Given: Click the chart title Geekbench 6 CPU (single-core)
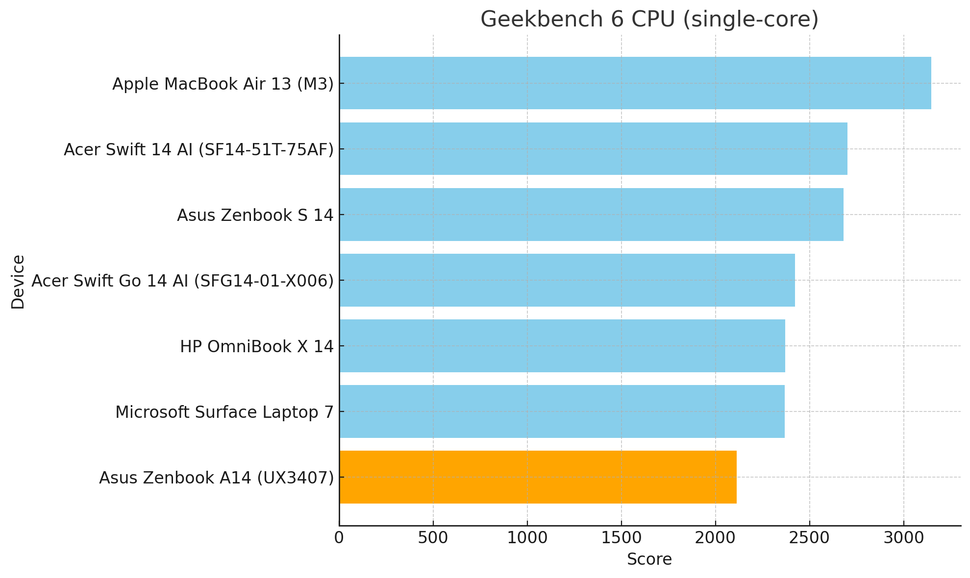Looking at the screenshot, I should coord(649,20).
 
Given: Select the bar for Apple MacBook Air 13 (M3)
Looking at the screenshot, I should coord(635,83).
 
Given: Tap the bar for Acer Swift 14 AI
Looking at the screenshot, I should coord(593,149).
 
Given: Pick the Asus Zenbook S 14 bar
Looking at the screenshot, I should coord(591,215).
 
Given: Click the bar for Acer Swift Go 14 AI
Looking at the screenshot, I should coord(567,280).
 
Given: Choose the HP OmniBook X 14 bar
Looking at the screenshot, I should coord(562,346).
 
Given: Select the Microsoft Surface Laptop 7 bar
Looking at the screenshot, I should coord(562,411).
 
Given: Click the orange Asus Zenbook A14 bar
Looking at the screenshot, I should coord(538,477).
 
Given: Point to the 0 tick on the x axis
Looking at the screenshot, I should coord(339,538).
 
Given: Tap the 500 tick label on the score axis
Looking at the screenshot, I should coord(433,538).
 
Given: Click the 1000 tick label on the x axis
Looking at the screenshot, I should coord(527,538).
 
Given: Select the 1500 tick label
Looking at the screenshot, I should coord(622,538).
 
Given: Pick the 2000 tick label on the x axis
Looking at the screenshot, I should coord(716,538).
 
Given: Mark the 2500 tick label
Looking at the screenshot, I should coord(810,538).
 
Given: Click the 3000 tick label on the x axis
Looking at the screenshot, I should coord(904,538).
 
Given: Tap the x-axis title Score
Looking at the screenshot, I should coord(649,559).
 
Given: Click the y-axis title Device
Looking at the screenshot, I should coord(18,282).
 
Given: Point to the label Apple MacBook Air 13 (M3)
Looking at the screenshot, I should coord(223,84).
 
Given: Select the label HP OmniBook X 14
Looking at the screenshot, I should coord(257,346).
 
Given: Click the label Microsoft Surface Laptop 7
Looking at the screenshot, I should coord(224,412).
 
